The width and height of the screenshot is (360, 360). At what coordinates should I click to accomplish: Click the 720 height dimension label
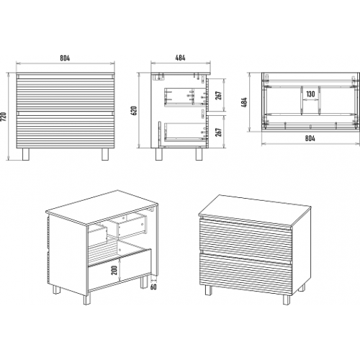[4, 117]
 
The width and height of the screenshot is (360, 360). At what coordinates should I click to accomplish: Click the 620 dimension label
[135, 110]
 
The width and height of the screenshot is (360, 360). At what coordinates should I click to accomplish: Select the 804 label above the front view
[65, 58]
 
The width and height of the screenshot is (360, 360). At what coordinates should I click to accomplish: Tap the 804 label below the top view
[310, 138]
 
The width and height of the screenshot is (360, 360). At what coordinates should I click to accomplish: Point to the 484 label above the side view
[180, 58]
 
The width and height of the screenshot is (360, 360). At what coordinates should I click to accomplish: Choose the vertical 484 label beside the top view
[245, 102]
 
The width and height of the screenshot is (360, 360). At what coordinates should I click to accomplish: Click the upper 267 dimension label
[218, 95]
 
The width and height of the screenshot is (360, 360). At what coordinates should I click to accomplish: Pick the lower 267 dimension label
[218, 132]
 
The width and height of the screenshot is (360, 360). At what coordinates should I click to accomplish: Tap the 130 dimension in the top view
[310, 94]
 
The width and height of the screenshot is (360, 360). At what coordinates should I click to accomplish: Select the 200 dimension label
[114, 270]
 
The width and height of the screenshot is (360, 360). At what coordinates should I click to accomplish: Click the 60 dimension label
[153, 287]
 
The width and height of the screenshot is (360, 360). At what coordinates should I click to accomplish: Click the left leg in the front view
[26, 154]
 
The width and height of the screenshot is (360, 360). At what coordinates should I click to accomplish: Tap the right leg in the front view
[105, 154]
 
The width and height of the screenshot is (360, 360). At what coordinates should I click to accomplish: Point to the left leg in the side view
[159, 154]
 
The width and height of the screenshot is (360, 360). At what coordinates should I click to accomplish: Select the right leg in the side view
[199, 154]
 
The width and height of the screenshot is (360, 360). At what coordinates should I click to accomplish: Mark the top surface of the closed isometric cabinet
[255, 210]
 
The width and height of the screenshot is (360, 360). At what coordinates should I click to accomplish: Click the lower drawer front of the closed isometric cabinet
[246, 272]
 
